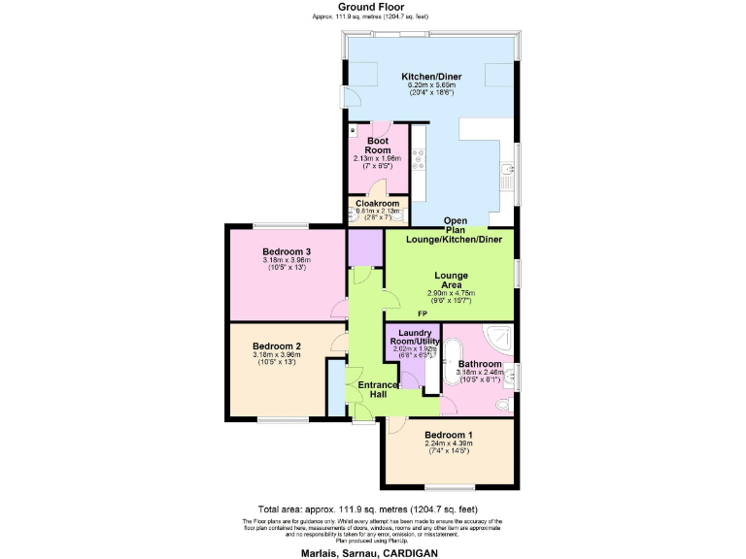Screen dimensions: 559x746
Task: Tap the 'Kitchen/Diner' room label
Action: tap(430, 77)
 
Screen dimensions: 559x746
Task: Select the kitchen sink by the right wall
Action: tap(505, 177)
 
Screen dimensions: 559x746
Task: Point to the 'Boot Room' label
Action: tap(377, 146)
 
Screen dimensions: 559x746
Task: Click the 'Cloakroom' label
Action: tap(378, 203)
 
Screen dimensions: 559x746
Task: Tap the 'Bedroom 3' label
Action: tap(286, 252)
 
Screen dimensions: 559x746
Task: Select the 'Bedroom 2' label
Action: tap(277, 346)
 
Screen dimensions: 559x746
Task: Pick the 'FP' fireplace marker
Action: tap(423, 314)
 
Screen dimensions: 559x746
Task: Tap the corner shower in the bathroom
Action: tap(500, 338)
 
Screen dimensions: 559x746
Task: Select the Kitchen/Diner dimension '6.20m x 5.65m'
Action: tap(430, 85)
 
